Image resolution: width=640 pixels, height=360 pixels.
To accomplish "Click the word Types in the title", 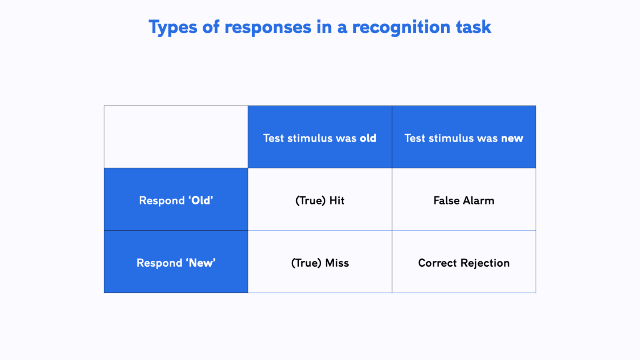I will (172, 27).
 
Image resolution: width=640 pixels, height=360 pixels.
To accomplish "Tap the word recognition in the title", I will (401, 27).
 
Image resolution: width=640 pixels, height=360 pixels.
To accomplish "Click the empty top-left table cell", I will (176, 137).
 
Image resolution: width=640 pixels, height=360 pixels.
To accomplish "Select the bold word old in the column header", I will (368, 138).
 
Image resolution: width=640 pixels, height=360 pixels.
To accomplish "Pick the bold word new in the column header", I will (512, 138).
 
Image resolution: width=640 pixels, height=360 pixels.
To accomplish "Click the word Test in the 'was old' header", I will (274, 138).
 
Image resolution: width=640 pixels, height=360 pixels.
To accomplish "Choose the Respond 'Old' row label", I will (176, 200).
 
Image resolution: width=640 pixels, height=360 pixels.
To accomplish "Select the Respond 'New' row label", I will (176, 263).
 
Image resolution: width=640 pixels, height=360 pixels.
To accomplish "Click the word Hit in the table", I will (337, 201).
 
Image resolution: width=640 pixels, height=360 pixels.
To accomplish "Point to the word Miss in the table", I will (337, 263).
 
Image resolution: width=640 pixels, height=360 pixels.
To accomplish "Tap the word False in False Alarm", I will (446, 201).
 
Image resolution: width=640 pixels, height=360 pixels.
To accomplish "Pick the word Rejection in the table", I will (485, 263).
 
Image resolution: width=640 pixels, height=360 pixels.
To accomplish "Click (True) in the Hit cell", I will (310, 201).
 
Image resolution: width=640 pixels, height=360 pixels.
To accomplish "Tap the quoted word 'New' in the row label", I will (201, 263).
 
